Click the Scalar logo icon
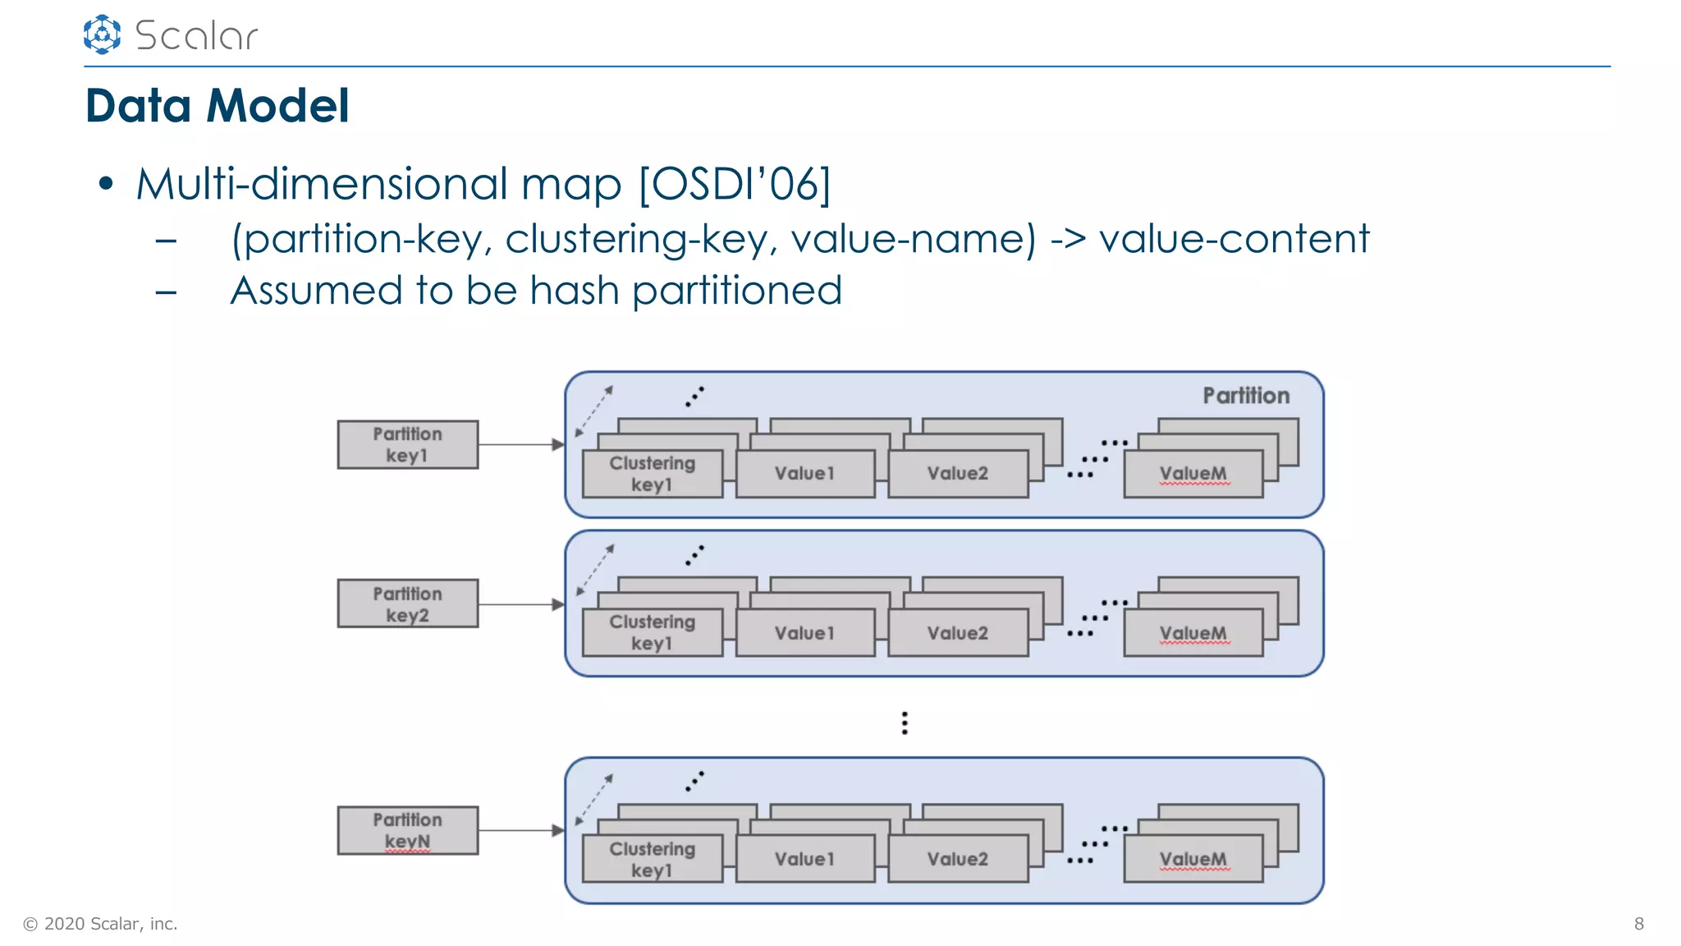(102, 34)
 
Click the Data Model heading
(218, 106)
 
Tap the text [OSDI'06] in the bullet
(735, 183)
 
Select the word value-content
(1234, 239)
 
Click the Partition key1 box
(407, 445)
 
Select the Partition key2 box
(407, 604)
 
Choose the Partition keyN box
(407, 830)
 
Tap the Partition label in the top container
(1245, 396)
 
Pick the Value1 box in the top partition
(804, 474)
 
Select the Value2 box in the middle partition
(957, 633)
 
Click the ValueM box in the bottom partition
(1193, 859)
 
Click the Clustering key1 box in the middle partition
(652, 632)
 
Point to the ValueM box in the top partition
(1193, 474)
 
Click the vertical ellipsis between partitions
(905, 723)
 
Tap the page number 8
(1638, 924)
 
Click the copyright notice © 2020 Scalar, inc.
(100, 924)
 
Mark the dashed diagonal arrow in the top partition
(594, 411)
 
